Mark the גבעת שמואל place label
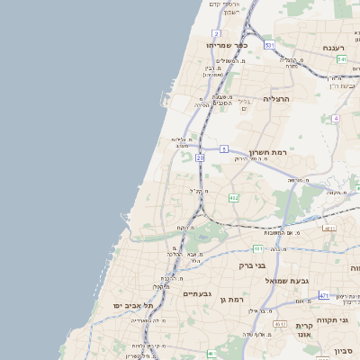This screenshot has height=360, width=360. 287,281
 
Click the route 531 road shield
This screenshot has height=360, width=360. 269,44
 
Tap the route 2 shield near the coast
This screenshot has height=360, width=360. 217,33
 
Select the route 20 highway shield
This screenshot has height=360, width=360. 200,157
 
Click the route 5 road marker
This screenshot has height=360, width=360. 223,148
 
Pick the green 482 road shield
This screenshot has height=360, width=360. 234,197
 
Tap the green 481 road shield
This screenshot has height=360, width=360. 258,248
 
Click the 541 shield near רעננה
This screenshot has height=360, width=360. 342,59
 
